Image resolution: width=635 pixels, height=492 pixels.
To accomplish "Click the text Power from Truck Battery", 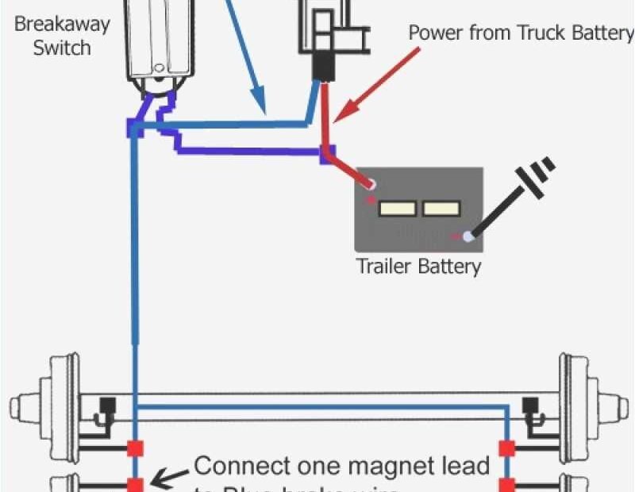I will (520, 33).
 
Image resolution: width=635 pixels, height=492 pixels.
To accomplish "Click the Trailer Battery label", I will (418, 266).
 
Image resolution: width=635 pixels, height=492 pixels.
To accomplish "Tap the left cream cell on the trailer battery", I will (398, 209).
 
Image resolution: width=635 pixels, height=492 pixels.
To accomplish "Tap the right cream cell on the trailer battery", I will (441, 209).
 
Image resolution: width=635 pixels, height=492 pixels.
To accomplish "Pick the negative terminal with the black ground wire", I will (469, 236).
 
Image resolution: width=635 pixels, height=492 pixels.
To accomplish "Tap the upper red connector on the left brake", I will (135, 448).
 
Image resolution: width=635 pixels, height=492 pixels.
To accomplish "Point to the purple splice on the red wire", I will (326, 154).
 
